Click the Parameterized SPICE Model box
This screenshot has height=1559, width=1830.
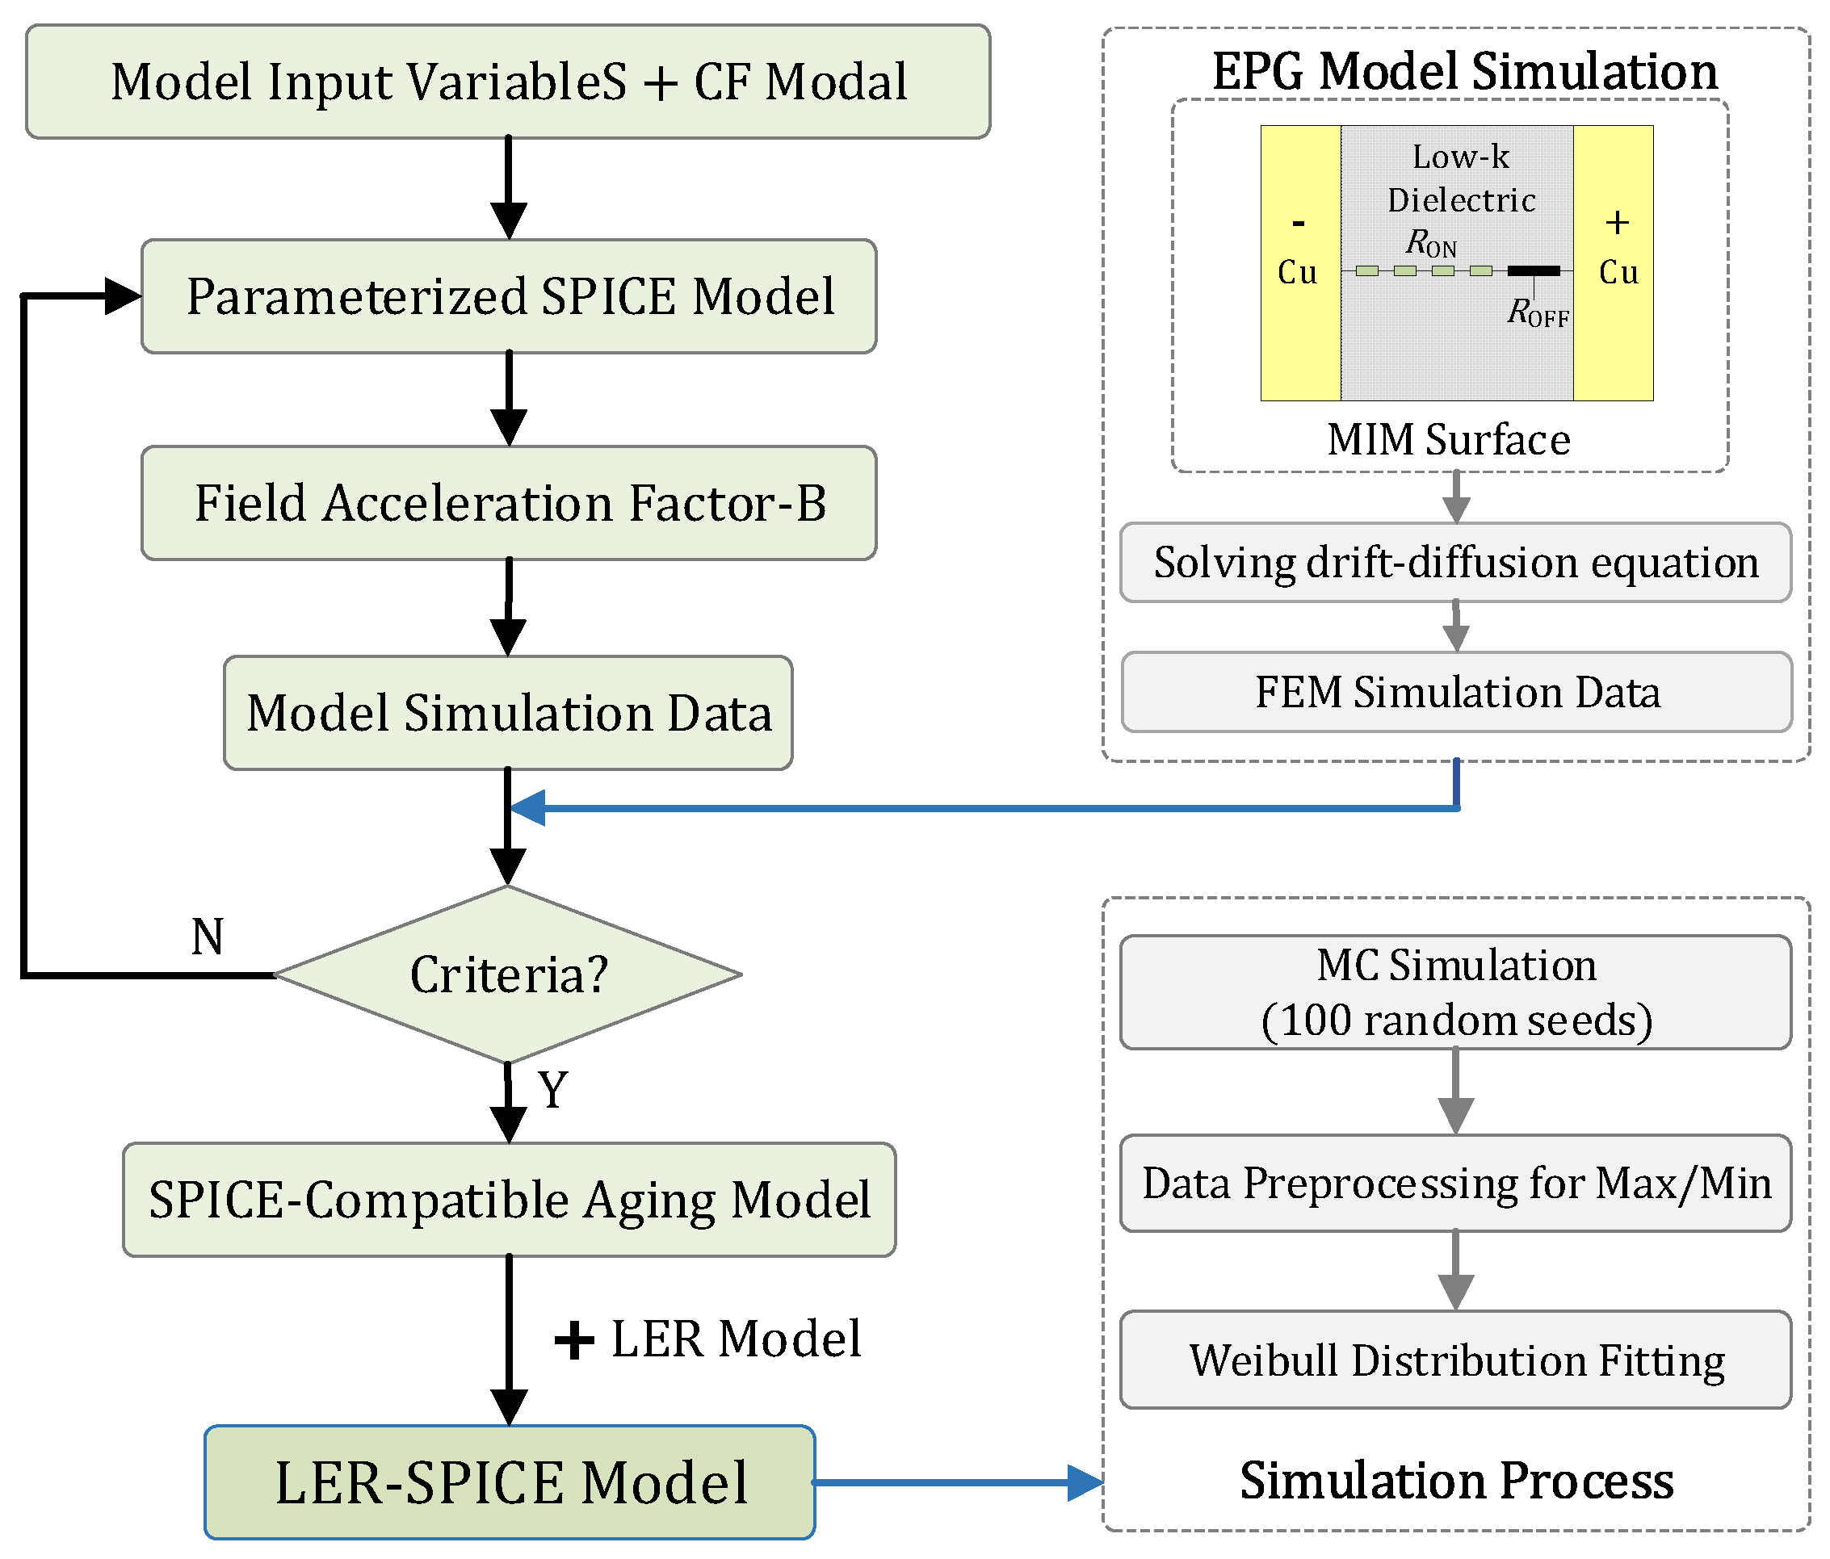[x=509, y=296]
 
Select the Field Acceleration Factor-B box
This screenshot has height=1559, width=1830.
[x=509, y=503]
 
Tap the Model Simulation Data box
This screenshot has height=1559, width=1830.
[x=508, y=712]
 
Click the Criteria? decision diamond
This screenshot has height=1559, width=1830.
[x=508, y=974]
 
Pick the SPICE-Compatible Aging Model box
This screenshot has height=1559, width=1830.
[x=509, y=1200]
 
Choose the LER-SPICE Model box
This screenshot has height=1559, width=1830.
[x=510, y=1482]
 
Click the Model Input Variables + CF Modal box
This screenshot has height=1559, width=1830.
[x=508, y=82]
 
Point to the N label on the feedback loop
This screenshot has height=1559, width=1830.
[x=208, y=937]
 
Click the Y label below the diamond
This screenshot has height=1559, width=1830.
[x=553, y=1089]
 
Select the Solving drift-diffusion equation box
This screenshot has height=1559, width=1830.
[x=1455, y=563]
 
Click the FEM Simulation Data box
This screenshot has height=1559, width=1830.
[x=1457, y=692]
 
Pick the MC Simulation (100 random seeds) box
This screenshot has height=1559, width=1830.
[x=1455, y=992]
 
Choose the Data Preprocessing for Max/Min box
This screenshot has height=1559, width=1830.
[x=1455, y=1183]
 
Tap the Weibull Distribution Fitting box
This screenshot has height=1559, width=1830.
[x=1455, y=1360]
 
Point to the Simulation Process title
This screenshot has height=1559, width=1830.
[x=1455, y=1481]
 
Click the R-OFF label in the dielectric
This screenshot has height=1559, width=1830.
[x=1538, y=312]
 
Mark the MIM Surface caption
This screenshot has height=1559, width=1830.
[x=1449, y=440]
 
